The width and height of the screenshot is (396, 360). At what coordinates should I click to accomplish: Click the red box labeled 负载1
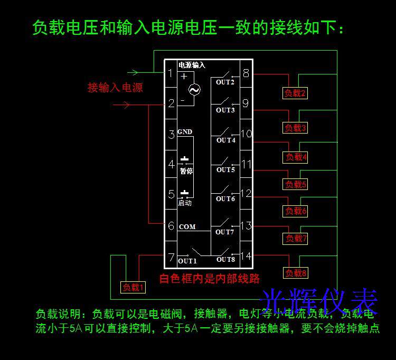[x=133, y=287]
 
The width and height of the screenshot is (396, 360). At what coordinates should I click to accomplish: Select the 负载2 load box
[x=295, y=93]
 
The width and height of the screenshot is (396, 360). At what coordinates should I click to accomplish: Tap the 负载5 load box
[x=296, y=184]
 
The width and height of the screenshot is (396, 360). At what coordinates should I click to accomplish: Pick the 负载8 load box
[x=296, y=273]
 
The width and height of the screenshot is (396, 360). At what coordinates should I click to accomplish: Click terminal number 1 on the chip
[x=171, y=73]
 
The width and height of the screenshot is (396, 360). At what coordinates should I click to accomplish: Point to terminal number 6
[x=171, y=226]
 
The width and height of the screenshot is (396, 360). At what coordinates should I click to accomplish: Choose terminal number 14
[x=246, y=256]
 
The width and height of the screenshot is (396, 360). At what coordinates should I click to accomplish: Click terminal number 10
[x=246, y=134]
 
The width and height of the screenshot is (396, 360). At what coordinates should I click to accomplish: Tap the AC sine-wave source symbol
[x=194, y=90]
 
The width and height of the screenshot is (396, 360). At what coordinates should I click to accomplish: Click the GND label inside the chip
[x=185, y=132]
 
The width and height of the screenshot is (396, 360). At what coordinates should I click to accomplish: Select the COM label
[x=187, y=227]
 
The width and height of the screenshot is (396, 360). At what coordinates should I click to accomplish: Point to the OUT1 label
[x=187, y=261]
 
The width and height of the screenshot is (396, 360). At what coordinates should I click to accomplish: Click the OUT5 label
[x=225, y=169]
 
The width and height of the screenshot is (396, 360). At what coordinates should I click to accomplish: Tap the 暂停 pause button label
[x=185, y=170]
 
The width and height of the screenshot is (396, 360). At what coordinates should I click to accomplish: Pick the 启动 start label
[x=185, y=203]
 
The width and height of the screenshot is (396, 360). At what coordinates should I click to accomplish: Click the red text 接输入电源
[x=115, y=88]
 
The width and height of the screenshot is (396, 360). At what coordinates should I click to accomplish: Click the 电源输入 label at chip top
[x=192, y=65]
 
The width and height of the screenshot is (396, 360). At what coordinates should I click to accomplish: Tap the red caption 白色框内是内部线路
[x=210, y=278]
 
